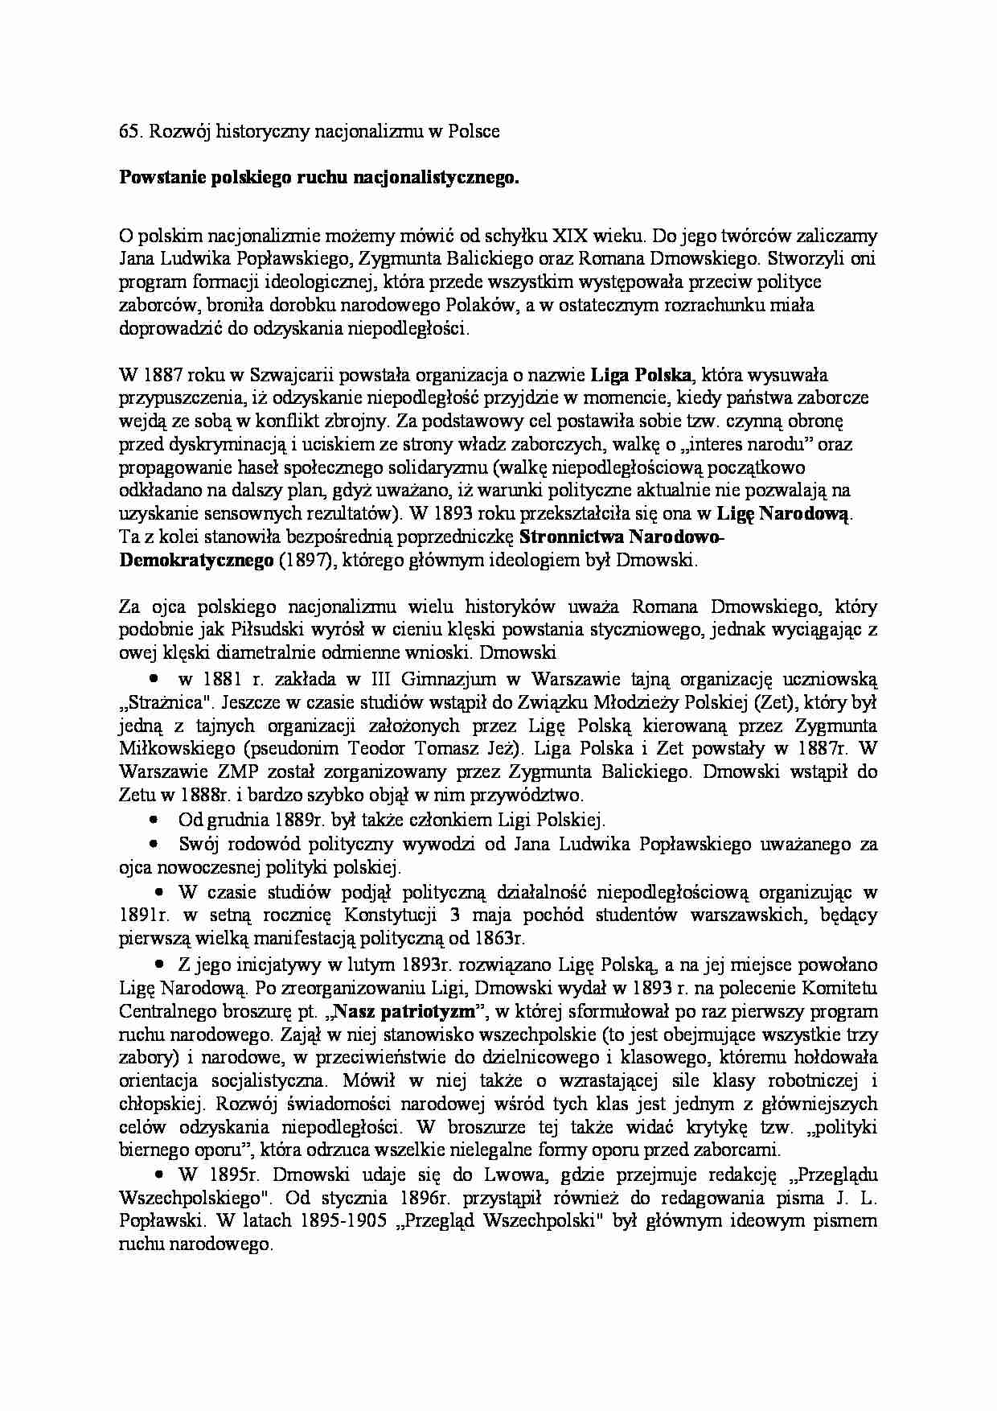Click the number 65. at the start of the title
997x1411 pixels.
pyautogui.click(x=130, y=131)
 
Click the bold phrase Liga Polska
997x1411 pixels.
pyautogui.click(x=641, y=375)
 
